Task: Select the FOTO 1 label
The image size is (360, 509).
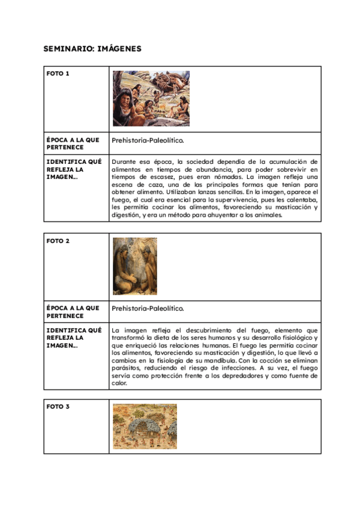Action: (58, 74)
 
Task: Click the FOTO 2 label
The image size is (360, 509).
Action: (58, 241)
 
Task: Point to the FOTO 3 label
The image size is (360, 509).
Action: (58, 406)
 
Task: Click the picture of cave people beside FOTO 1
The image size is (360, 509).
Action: (151, 98)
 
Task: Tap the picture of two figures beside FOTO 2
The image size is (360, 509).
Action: (134, 266)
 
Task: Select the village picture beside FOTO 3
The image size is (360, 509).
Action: (145, 426)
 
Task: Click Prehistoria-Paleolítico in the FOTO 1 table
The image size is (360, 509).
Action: (148, 140)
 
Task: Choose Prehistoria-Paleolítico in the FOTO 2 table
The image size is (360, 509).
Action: (148, 308)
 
